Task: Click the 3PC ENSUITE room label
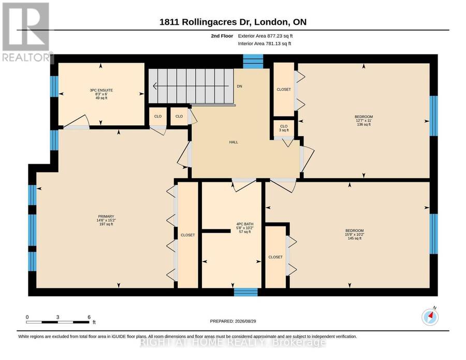coord(101,94)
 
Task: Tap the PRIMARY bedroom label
coord(106,220)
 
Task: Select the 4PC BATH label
coord(245,228)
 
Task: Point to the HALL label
coord(234,142)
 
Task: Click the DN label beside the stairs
coord(240,86)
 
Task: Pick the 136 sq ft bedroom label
coord(364,121)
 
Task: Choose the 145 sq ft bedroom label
coord(355,234)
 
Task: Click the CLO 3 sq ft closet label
coord(284,128)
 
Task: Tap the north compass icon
coord(430,317)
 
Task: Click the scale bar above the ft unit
coord(57,322)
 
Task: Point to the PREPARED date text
coord(233,321)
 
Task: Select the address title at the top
coord(233,22)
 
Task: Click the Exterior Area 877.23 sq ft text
coord(266,36)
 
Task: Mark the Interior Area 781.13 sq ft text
coord(265,44)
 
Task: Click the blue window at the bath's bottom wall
coord(246,292)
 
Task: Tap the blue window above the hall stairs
coord(253,62)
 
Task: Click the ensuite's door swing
coord(77,122)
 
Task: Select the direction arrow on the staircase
coord(191,86)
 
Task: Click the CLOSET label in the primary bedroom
coord(188,235)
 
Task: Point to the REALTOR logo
coord(26,32)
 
